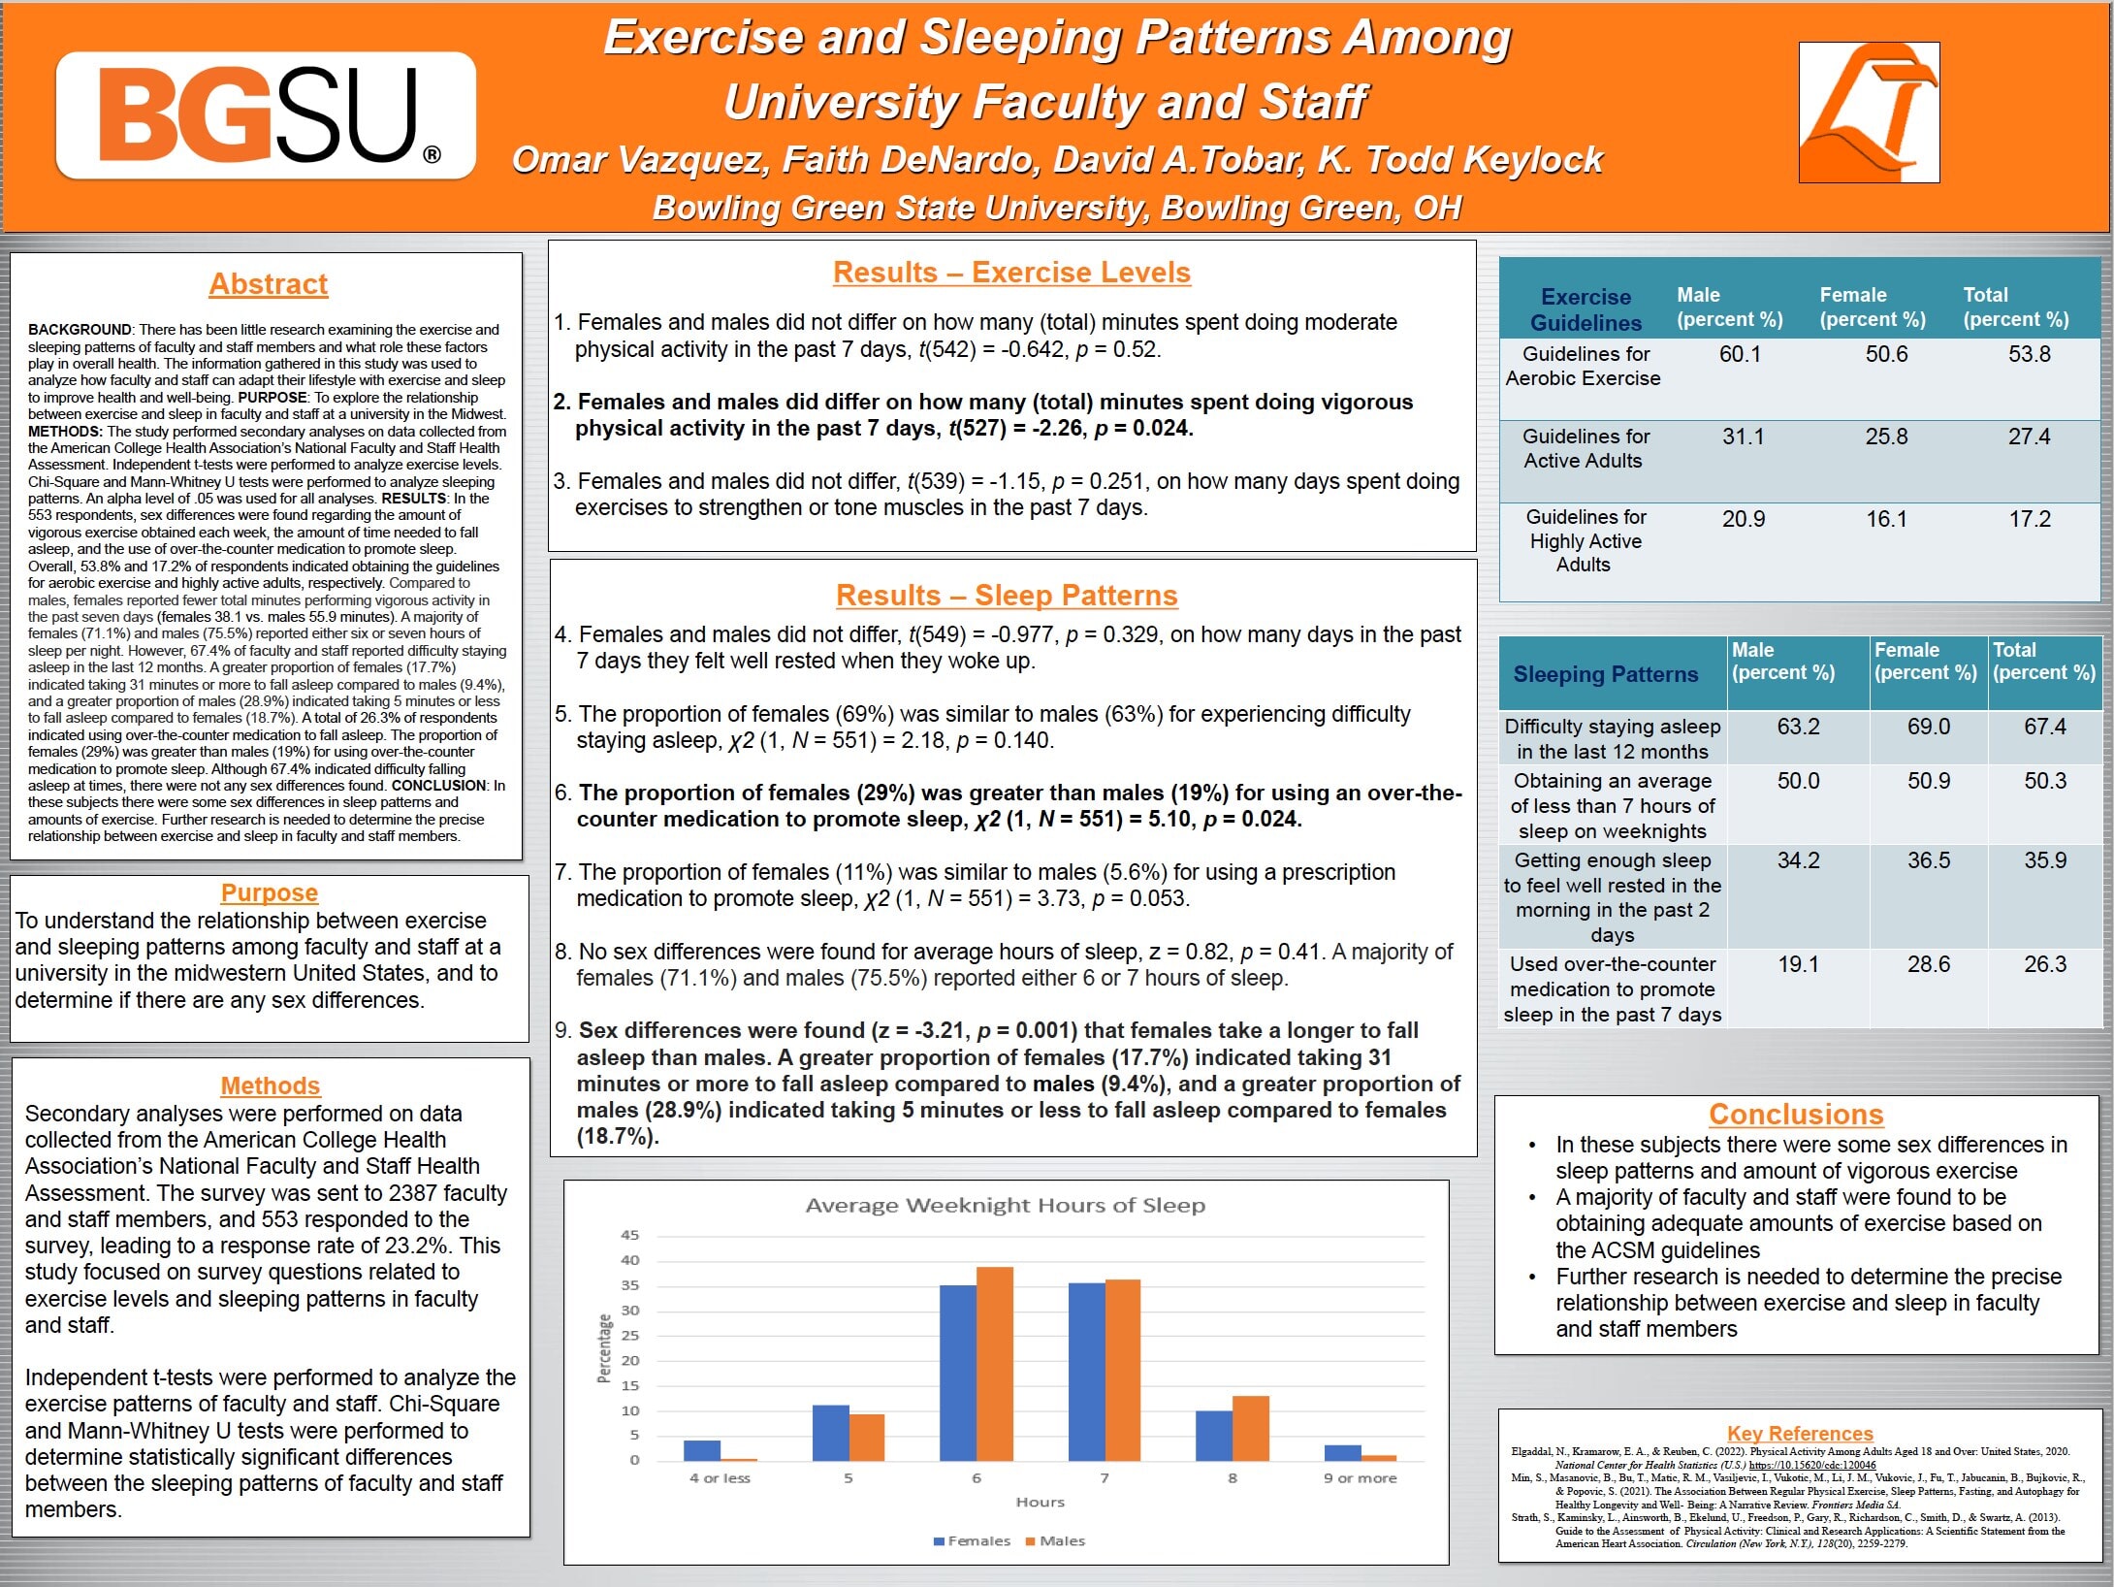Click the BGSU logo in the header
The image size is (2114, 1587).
point(266,115)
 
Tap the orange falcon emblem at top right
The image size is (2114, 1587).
point(1869,113)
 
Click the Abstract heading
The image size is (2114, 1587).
point(269,284)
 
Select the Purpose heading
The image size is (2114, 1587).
point(270,892)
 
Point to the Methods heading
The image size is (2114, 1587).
point(271,1085)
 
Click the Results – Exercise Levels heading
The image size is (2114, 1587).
point(1011,273)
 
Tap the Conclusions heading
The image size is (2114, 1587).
point(1796,1115)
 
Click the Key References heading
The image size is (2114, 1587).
point(1800,1433)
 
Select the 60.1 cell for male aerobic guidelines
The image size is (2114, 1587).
point(1740,354)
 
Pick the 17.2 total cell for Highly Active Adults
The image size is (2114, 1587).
point(2029,519)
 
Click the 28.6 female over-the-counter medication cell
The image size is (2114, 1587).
point(1928,964)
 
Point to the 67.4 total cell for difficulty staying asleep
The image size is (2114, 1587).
point(2044,727)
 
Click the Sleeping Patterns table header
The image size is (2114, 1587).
point(1605,674)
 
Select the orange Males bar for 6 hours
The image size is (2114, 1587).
point(994,1363)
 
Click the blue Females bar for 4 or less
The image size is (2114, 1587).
point(702,1450)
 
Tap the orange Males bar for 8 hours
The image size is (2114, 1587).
point(1250,1428)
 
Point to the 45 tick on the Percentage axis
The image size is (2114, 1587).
point(630,1235)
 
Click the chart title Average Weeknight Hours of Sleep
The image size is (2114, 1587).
point(1005,1205)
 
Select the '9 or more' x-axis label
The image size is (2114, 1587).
point(1360,1478)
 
